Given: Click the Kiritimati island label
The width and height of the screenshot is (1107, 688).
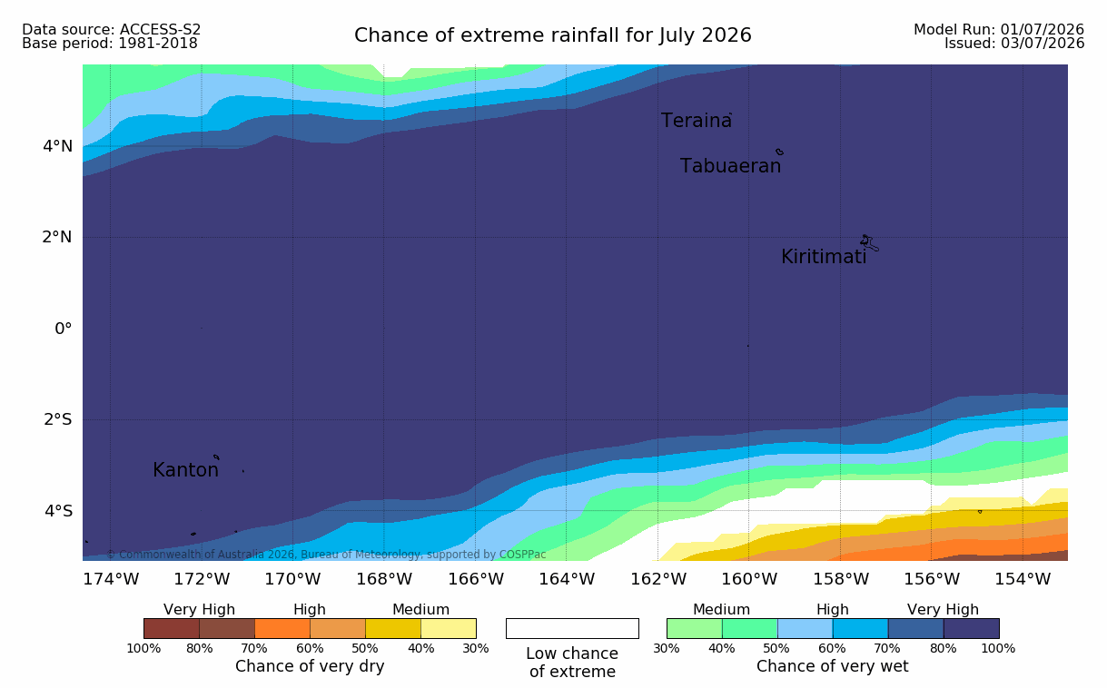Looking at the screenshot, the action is click(824, 257).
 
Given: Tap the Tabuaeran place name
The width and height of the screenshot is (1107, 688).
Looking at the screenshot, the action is click(730, 166).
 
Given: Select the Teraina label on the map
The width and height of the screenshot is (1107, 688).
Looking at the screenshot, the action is click(696, 121).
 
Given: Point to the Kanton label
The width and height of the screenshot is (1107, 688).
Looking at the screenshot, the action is click(185, 469).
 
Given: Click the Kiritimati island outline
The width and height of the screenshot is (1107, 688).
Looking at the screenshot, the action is click(869, 243).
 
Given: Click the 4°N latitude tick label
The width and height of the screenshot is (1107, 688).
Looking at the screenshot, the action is click(57, 146).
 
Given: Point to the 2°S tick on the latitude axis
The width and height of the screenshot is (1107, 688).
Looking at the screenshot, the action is click(58, 419).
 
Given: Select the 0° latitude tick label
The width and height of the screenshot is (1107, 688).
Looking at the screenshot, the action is click(63, 329).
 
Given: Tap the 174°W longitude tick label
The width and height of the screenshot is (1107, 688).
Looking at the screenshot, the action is click(111, 579).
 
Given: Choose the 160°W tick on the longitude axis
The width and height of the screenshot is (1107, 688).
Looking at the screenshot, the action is click(749, 579).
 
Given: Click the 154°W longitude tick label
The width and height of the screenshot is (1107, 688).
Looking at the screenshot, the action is click(1023, 579).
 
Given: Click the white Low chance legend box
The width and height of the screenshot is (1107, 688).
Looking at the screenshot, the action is click(572, 628).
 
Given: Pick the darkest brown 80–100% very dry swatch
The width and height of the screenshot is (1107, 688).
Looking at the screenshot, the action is click(172, 628).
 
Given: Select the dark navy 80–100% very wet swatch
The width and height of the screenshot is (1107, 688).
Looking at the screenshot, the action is click(971, 628).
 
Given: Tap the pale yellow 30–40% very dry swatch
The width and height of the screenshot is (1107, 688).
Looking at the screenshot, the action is click(449, 628).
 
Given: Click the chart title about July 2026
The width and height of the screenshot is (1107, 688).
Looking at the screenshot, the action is click(552, 35).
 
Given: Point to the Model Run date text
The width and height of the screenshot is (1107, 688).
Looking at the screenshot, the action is click(999, 30).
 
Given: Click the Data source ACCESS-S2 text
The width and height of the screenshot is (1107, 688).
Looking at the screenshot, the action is click(111, 30).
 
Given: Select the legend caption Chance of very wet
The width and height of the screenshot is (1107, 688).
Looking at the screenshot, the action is click(832, 666).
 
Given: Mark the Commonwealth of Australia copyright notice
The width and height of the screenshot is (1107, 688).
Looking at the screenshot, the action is click(326, 555).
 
